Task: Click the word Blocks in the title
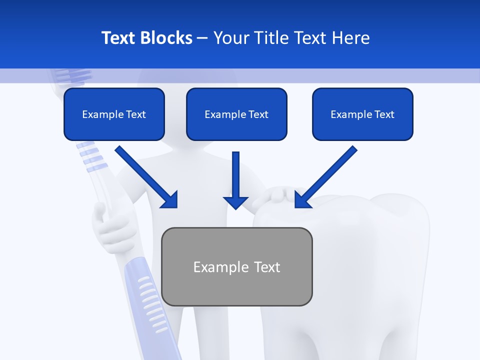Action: [167, 38]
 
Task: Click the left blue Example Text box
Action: [114, 114]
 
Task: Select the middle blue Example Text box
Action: [236, 114]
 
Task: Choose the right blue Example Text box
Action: [362, 114]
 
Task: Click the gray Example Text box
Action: [236, 266]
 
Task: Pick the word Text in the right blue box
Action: [384, 114]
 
